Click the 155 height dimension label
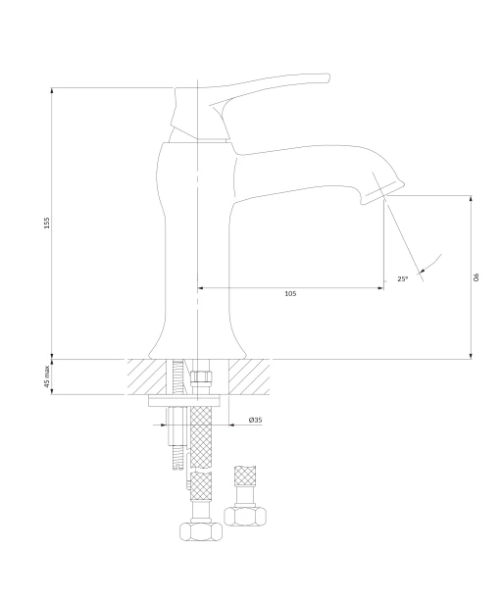[x=47, y=223]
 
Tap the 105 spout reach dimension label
[x=290, y=293]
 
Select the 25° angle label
[x=402, y=278]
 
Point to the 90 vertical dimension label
[x=477, y=277]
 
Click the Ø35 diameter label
[x=255, y=420]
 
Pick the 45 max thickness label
[x=47, y=376]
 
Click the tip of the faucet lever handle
[x=328, y=78]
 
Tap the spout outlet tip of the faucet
[x=384, y=196]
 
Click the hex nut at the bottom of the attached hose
[x=201, y=530]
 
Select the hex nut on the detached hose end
[x=245, y=516]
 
